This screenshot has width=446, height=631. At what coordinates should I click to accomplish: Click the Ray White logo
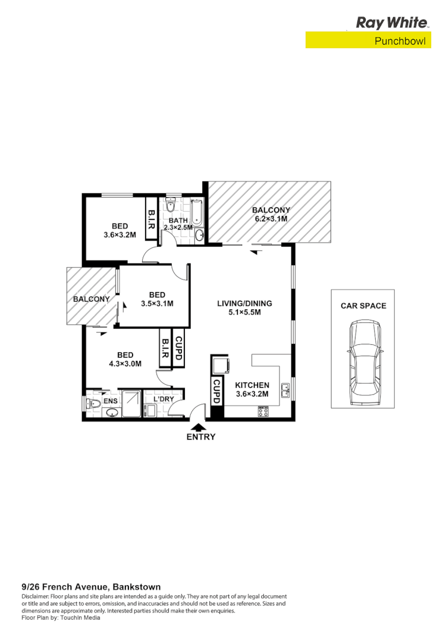(x=392, y=23)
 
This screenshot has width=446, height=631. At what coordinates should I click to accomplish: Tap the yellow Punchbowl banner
(x=368, y=40)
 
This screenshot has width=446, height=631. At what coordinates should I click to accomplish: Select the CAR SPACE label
(x=363, y=306)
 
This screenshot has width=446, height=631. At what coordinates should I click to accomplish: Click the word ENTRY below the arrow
(x=200, y=437)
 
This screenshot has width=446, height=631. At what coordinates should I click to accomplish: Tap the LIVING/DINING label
(x=244, y=303)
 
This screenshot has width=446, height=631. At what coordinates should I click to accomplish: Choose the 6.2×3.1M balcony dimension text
(x=271, y=219)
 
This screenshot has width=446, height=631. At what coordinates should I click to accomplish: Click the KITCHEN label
(x=252, y=385)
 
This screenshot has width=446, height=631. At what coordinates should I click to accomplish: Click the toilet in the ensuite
(x=92, y=403)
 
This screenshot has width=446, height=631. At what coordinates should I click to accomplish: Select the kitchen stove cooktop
(x=263, y=411)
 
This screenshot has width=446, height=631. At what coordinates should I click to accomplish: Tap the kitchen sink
(x=286, y=391)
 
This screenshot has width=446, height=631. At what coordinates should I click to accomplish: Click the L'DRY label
(x=164, y=399)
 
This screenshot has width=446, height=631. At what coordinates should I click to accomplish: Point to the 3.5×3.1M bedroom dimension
(x=157, y=303)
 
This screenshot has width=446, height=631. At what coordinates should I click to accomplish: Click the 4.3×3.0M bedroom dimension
(x=125, y=363)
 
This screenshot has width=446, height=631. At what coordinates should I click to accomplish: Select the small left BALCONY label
(x=91, y=299)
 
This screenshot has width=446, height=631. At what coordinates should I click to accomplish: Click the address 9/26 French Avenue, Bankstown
(x=91, y=586)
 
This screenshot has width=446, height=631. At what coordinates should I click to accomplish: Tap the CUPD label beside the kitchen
(x=217, y=391)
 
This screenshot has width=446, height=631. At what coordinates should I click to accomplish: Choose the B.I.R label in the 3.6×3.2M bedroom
(x=151, y=221)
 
